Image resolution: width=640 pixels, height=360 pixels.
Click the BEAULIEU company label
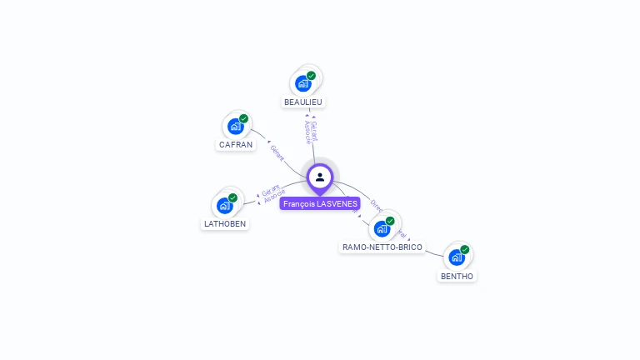tap(302, 102)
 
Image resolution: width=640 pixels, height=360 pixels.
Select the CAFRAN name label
tap(236, 144)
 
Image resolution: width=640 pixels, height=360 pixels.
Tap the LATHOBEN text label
tap(226, 223)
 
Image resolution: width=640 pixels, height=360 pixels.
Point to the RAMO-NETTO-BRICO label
tap(382, 247)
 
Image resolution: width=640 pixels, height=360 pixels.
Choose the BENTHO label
tap(457, 276)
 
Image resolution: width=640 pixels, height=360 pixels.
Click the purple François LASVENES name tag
tap(320, 203)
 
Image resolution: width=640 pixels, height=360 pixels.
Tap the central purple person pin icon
tap(320, 177)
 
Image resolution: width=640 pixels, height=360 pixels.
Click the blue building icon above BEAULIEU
tap(302, 83)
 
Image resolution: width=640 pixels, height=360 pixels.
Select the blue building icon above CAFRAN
tap(235, 127)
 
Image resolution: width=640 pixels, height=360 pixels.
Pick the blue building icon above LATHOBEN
tap(224, 205)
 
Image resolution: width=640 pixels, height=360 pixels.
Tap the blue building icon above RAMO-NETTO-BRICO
tap(382, 228)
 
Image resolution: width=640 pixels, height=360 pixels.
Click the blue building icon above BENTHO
tap(456, 257)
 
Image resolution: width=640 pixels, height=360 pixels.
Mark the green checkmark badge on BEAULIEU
tap(311, 76)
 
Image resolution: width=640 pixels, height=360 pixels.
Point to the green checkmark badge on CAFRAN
tap(243, 118)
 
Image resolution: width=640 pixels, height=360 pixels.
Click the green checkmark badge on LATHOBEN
tap(232, 197)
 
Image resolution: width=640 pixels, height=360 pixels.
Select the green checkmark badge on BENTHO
tap(464, 249)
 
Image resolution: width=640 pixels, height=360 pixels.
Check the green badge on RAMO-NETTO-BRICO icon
tap(390, 221)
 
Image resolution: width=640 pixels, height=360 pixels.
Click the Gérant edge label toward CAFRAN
tap(277, 152)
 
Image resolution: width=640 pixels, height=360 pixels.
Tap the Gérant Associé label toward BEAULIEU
tap(311, 132)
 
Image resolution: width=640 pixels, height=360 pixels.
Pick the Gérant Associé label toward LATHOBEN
tap(270, 195)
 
